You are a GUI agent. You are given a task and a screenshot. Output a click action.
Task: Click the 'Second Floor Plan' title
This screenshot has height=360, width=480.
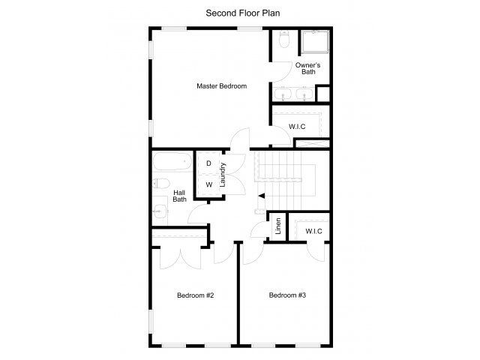[x=239, y=13]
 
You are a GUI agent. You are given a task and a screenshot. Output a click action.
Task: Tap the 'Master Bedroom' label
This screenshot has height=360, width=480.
[x=221, y=86]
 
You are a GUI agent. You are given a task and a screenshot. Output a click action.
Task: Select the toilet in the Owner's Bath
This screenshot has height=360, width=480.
[x=283, y=40]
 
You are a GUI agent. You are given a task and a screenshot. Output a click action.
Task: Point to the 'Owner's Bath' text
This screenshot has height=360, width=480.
[x=308, y=68]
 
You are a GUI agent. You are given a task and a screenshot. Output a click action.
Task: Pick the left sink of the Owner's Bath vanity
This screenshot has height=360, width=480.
[x=283, y=94]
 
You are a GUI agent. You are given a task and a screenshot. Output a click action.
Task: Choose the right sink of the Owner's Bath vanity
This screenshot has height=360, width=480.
[x=304, y=94]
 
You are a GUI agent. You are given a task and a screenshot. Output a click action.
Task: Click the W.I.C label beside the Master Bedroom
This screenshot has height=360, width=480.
[x=298, y=127]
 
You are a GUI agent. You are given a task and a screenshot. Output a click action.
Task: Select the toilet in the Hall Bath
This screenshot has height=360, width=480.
[x=161, y=184]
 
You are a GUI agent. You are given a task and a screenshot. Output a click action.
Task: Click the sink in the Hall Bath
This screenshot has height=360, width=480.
[x=160, y=211]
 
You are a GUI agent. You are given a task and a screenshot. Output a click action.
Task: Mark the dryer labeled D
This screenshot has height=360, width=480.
[x=208, y=163]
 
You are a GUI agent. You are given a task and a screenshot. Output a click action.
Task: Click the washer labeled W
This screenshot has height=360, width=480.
[x=208, y=184]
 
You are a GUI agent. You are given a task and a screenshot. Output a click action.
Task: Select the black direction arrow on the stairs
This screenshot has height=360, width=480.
[x=261, y=196]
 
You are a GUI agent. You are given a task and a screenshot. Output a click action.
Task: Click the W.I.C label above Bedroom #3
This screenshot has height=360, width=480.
[x=313, y=231]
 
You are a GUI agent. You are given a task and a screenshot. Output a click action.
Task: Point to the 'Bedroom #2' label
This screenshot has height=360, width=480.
[x=196, y=295]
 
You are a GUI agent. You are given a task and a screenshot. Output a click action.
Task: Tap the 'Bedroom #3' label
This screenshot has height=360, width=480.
[x=287, y=295]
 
